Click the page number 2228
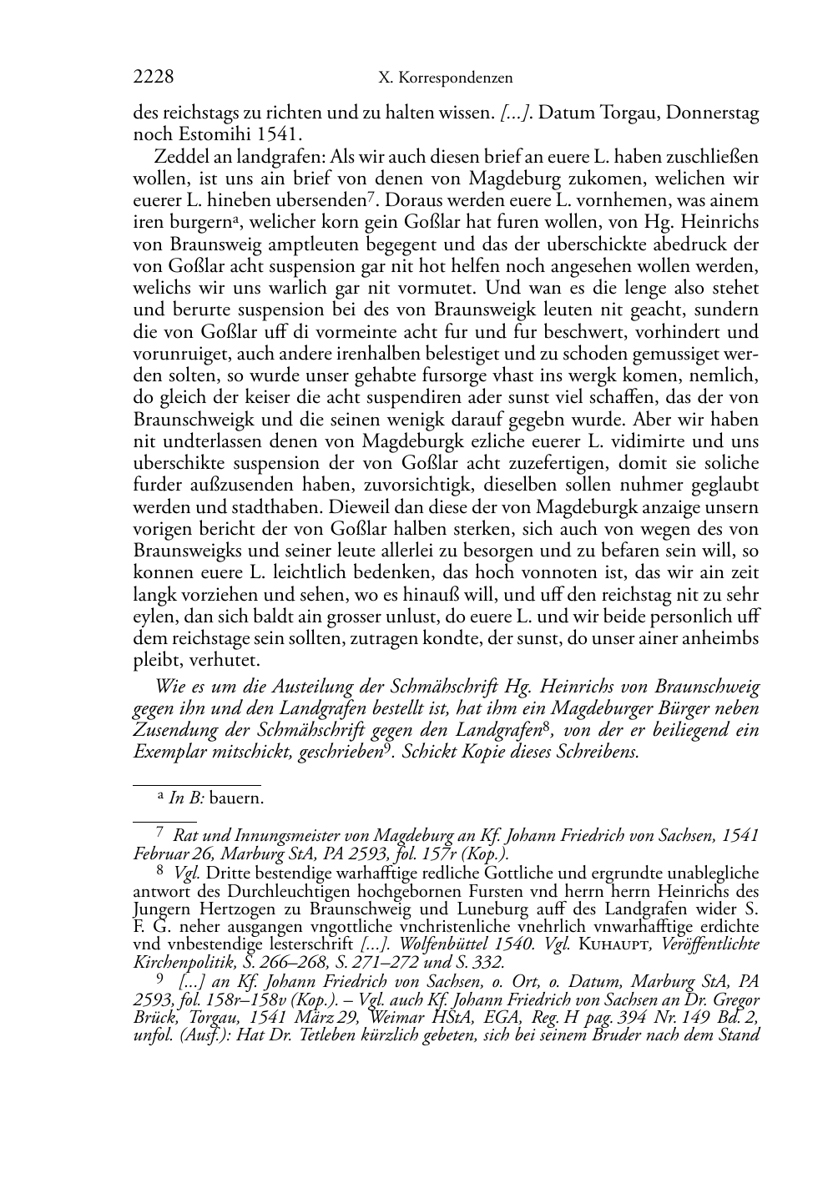coord(154,78)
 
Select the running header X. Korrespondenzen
coord(445,78)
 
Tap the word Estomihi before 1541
coord(209,133)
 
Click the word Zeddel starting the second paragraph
coord(179,156)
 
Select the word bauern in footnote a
coord(236,798)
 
